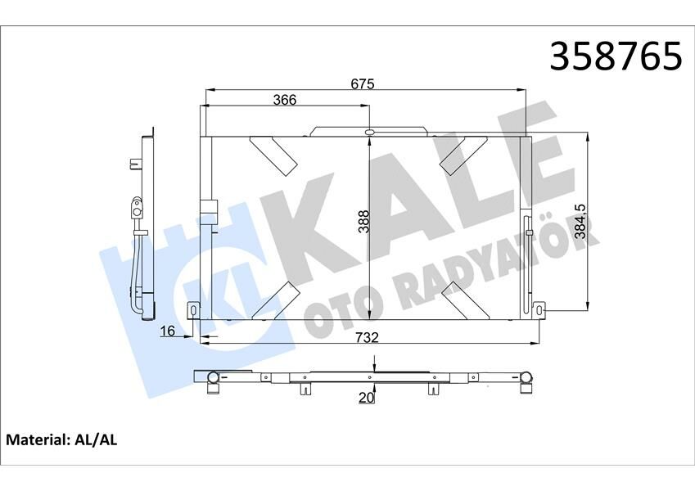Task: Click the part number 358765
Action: click(615, 56)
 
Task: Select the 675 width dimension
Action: click(362, 83)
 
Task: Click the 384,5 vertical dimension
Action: click(580, 221)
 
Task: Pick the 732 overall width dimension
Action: click(368, 337)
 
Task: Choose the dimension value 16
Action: click(168, 331)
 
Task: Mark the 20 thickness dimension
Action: click(367, 398)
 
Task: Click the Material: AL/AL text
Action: click(62, 439)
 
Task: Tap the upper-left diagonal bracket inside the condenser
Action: click(273, 154)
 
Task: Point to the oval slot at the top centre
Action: click(370, 132)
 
